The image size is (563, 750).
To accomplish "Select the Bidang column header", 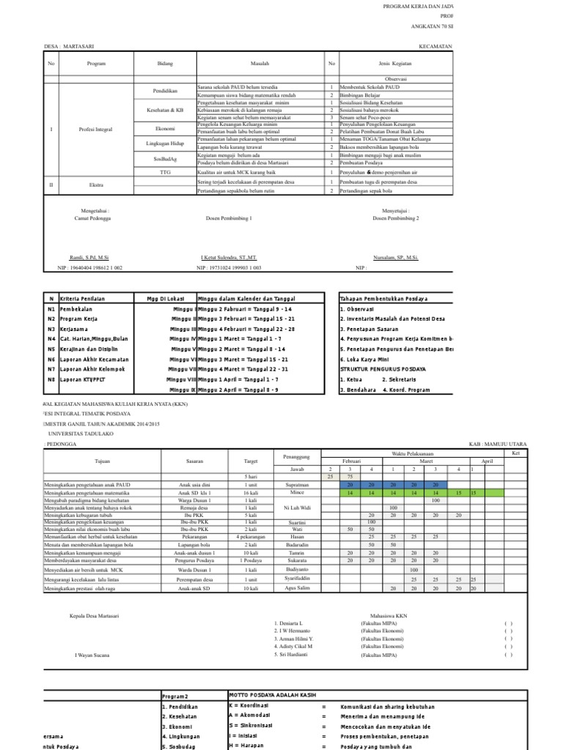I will tap(164, 64).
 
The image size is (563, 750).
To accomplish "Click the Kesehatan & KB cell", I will tap(164, 110).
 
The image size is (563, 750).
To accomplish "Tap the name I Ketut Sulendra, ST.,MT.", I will tap(229, 259).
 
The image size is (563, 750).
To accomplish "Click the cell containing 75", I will tap(351, 476).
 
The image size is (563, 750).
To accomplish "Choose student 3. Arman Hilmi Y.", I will tap(294, 639).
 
